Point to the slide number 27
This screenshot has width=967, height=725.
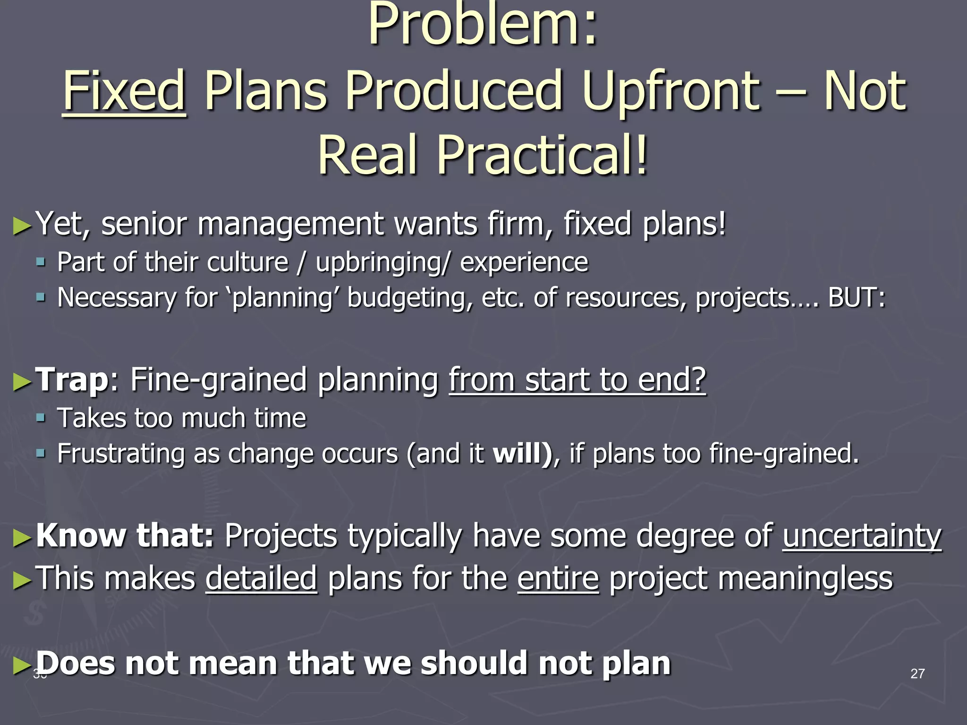tap(917, 674)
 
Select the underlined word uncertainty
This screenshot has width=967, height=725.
tap(862, 536)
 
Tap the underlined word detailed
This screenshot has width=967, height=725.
tap(261, 578)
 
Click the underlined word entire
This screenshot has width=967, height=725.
tap(558, 578)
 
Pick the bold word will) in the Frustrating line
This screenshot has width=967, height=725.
tap(522, 453)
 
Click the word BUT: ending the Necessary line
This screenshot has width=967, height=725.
tap(857, 298)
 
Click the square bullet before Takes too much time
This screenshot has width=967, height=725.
tap(41, 417)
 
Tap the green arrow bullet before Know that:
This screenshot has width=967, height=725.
tap(22, 538)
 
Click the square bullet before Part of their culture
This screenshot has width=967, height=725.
tap(41, 261)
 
